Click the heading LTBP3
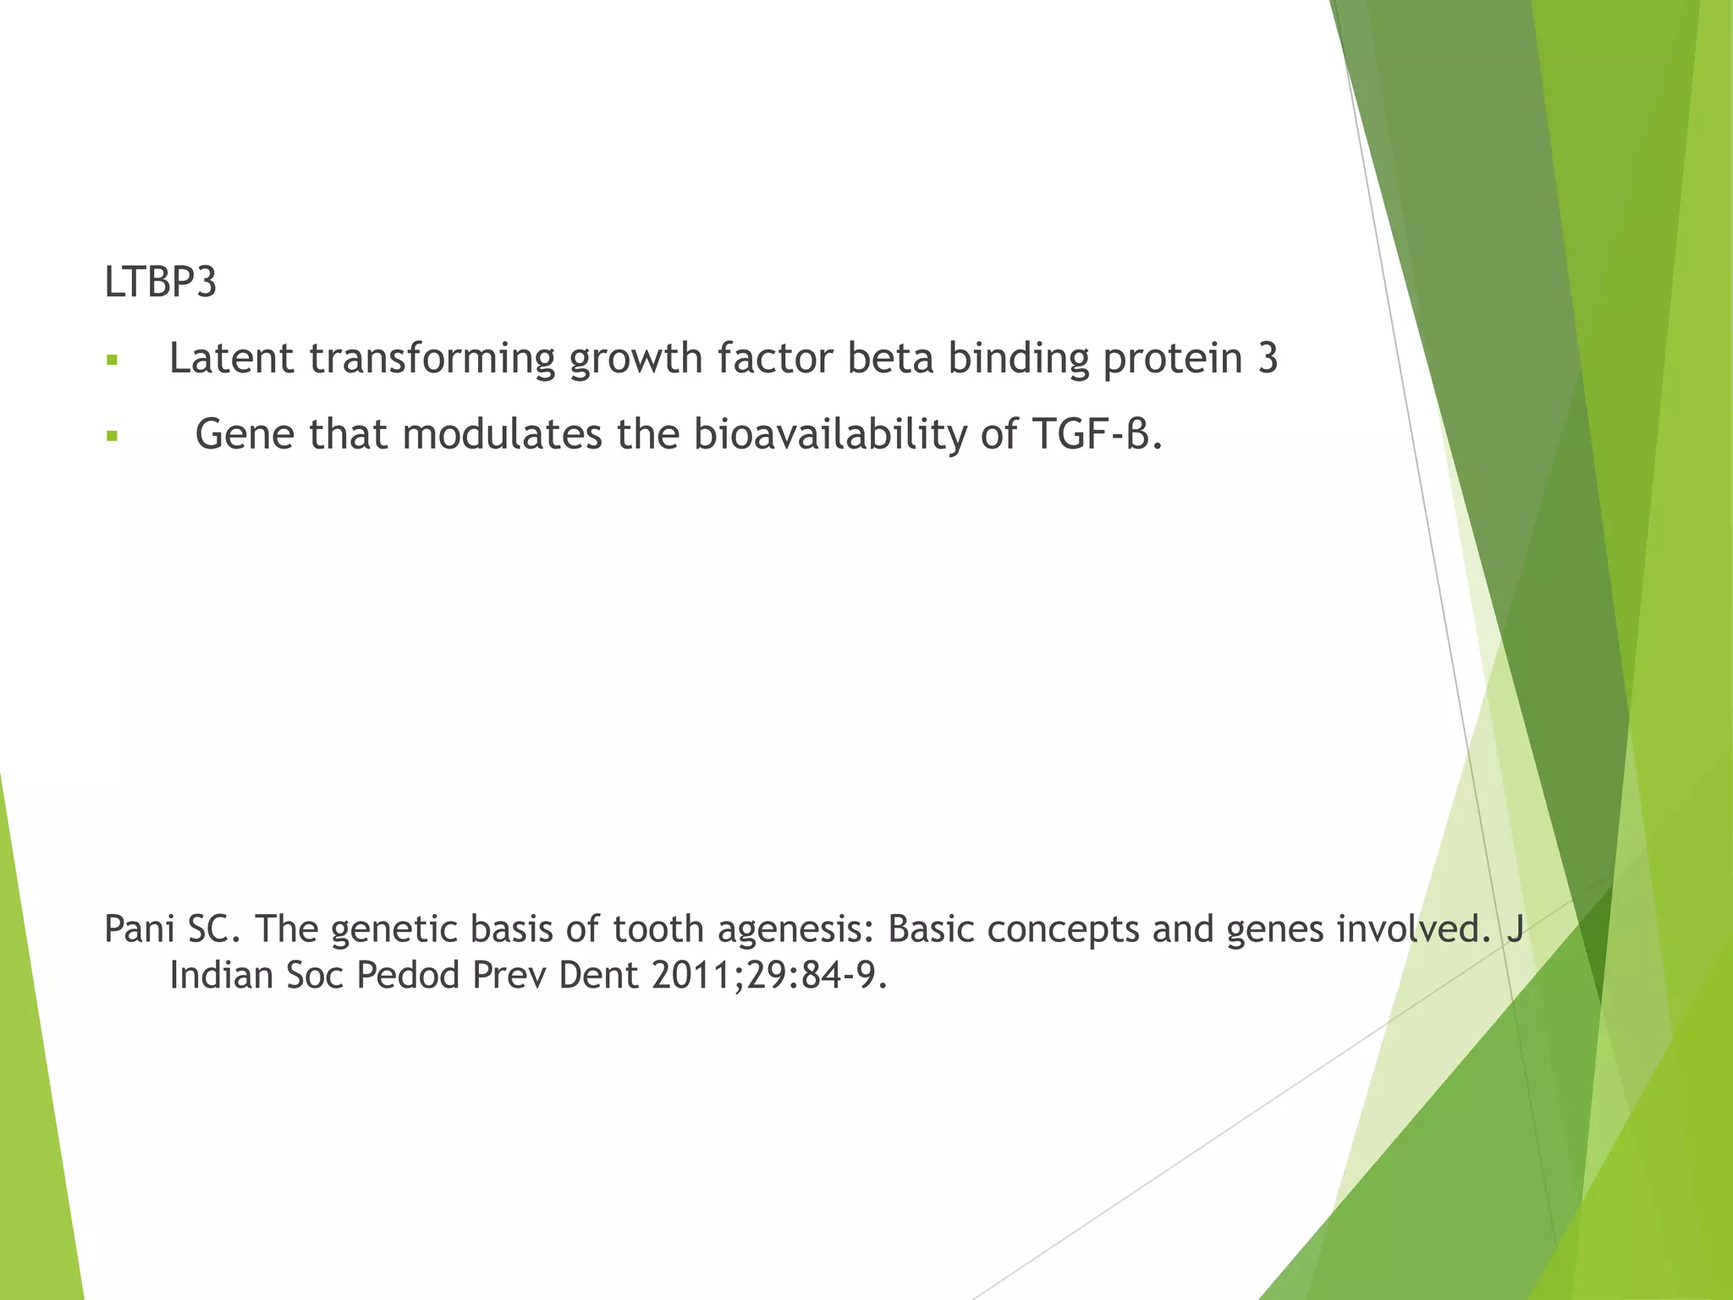click(x=160, y=282)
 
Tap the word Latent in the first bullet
click(x=231, y=358)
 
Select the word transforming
click(x=432, y=360)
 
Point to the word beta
click(x=889, y=358)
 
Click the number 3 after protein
click(x=1267, y=358)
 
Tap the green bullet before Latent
click(x=112, y=361)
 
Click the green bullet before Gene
click(x=112, y=437)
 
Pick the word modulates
click(x=502, y=434)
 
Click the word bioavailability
click(x=828, y=436)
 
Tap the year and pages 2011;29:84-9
click(x=770, y=976)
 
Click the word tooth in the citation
click(x=657, y=929)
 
